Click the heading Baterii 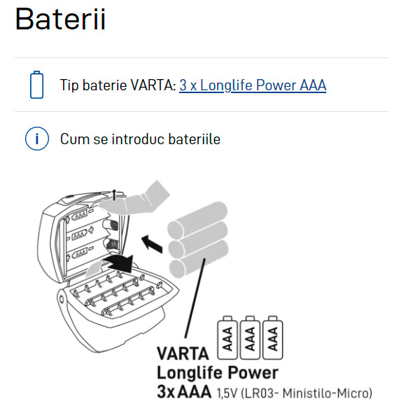pos(60,19)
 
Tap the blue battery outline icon pos(37,85)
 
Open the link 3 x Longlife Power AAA pos(253,85)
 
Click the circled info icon pos(37,139)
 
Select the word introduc pos(138,139)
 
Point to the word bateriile pos(194,139)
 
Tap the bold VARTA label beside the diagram pos(183,353)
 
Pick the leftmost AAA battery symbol pos(227,337)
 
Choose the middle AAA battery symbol pos(250,337)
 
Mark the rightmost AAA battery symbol pos(273,337)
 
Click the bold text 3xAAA pos(184,391)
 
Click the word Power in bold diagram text pos(253,372)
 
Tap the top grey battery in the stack pos(197,219)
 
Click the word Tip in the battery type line pos(69,85)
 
